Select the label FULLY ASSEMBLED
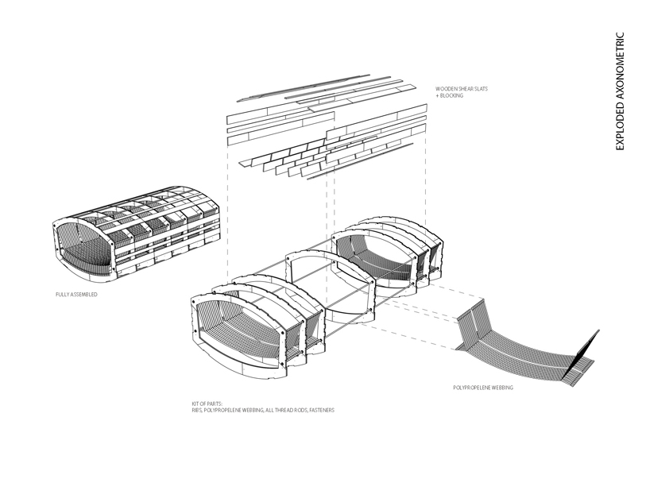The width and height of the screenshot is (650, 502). [77, 295]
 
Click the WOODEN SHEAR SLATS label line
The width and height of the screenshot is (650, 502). [462, 89]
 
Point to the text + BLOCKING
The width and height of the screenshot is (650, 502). [450, 95]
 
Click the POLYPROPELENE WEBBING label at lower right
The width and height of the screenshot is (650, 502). [483, 388]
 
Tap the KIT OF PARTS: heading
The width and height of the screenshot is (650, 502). [207, 404]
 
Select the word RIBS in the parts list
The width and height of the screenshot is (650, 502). [196, 411]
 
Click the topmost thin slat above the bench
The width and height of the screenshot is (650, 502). [303, 88]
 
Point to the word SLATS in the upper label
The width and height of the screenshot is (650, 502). [481, 89]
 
